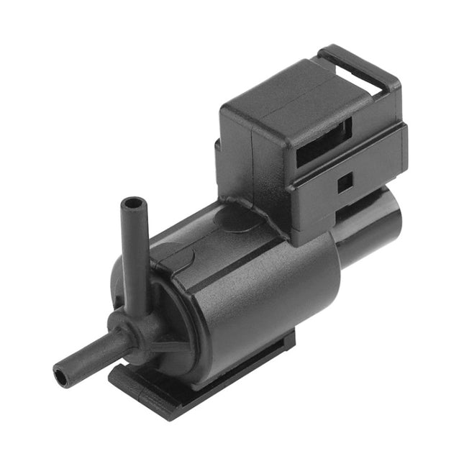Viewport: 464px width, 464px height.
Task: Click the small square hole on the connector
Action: coord(345,183)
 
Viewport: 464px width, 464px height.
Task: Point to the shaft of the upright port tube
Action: coord(135,259)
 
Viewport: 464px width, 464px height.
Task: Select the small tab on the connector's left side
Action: coord(219,155)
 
